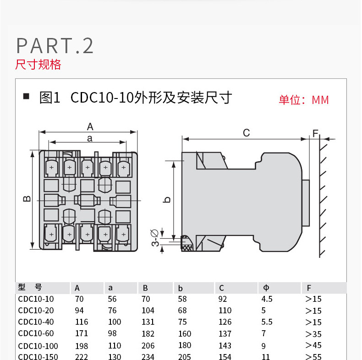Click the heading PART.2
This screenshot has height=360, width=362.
coord(55,46)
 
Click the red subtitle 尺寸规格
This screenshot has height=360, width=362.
coord(38,65)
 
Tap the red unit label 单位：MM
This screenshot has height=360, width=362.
coord(304,100)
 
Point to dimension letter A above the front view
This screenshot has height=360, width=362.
coord(90,126)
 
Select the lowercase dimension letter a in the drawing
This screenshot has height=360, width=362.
coord(90,137)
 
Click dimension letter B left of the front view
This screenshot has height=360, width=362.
coord(27,199)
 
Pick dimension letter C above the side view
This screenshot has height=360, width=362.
coord(246,133)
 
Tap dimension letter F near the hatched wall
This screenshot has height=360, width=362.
coord(315,133)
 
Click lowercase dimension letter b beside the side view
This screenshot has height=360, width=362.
coord(168,199)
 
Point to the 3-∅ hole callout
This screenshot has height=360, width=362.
coord(156,238)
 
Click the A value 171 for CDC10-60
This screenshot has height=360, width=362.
coord(81,334)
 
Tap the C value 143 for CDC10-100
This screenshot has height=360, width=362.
coord(225,346)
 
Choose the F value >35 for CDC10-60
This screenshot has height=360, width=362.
coord(313,334)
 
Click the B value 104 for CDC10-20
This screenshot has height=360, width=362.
coord(148,311)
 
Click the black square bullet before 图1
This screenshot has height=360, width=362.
coord(26,97)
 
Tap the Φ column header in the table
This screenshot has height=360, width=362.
coord(266,288)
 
